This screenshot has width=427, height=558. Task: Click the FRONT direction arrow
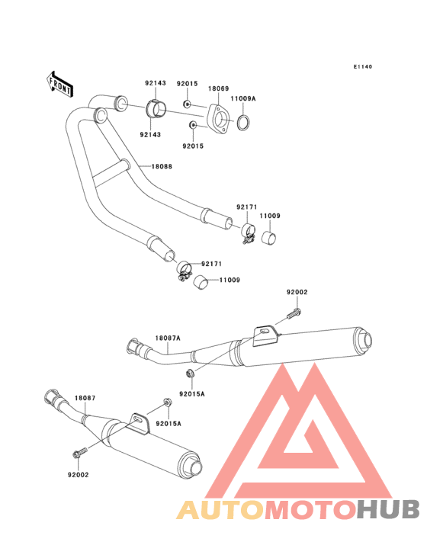click(60, 85)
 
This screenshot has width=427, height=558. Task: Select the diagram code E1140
click(363, 66)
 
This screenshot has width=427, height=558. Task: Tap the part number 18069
click(219, 88)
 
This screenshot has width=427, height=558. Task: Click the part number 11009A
click(243, 98)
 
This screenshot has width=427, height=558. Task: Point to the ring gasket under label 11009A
click(243, 123)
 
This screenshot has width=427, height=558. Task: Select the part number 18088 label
click(162, 166)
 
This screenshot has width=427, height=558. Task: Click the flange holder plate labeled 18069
click(219, 119)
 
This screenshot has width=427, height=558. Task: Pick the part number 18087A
click(168, 338)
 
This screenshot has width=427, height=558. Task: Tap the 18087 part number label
click(85, 398)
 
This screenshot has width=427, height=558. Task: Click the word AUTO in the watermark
click(221, 510)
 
